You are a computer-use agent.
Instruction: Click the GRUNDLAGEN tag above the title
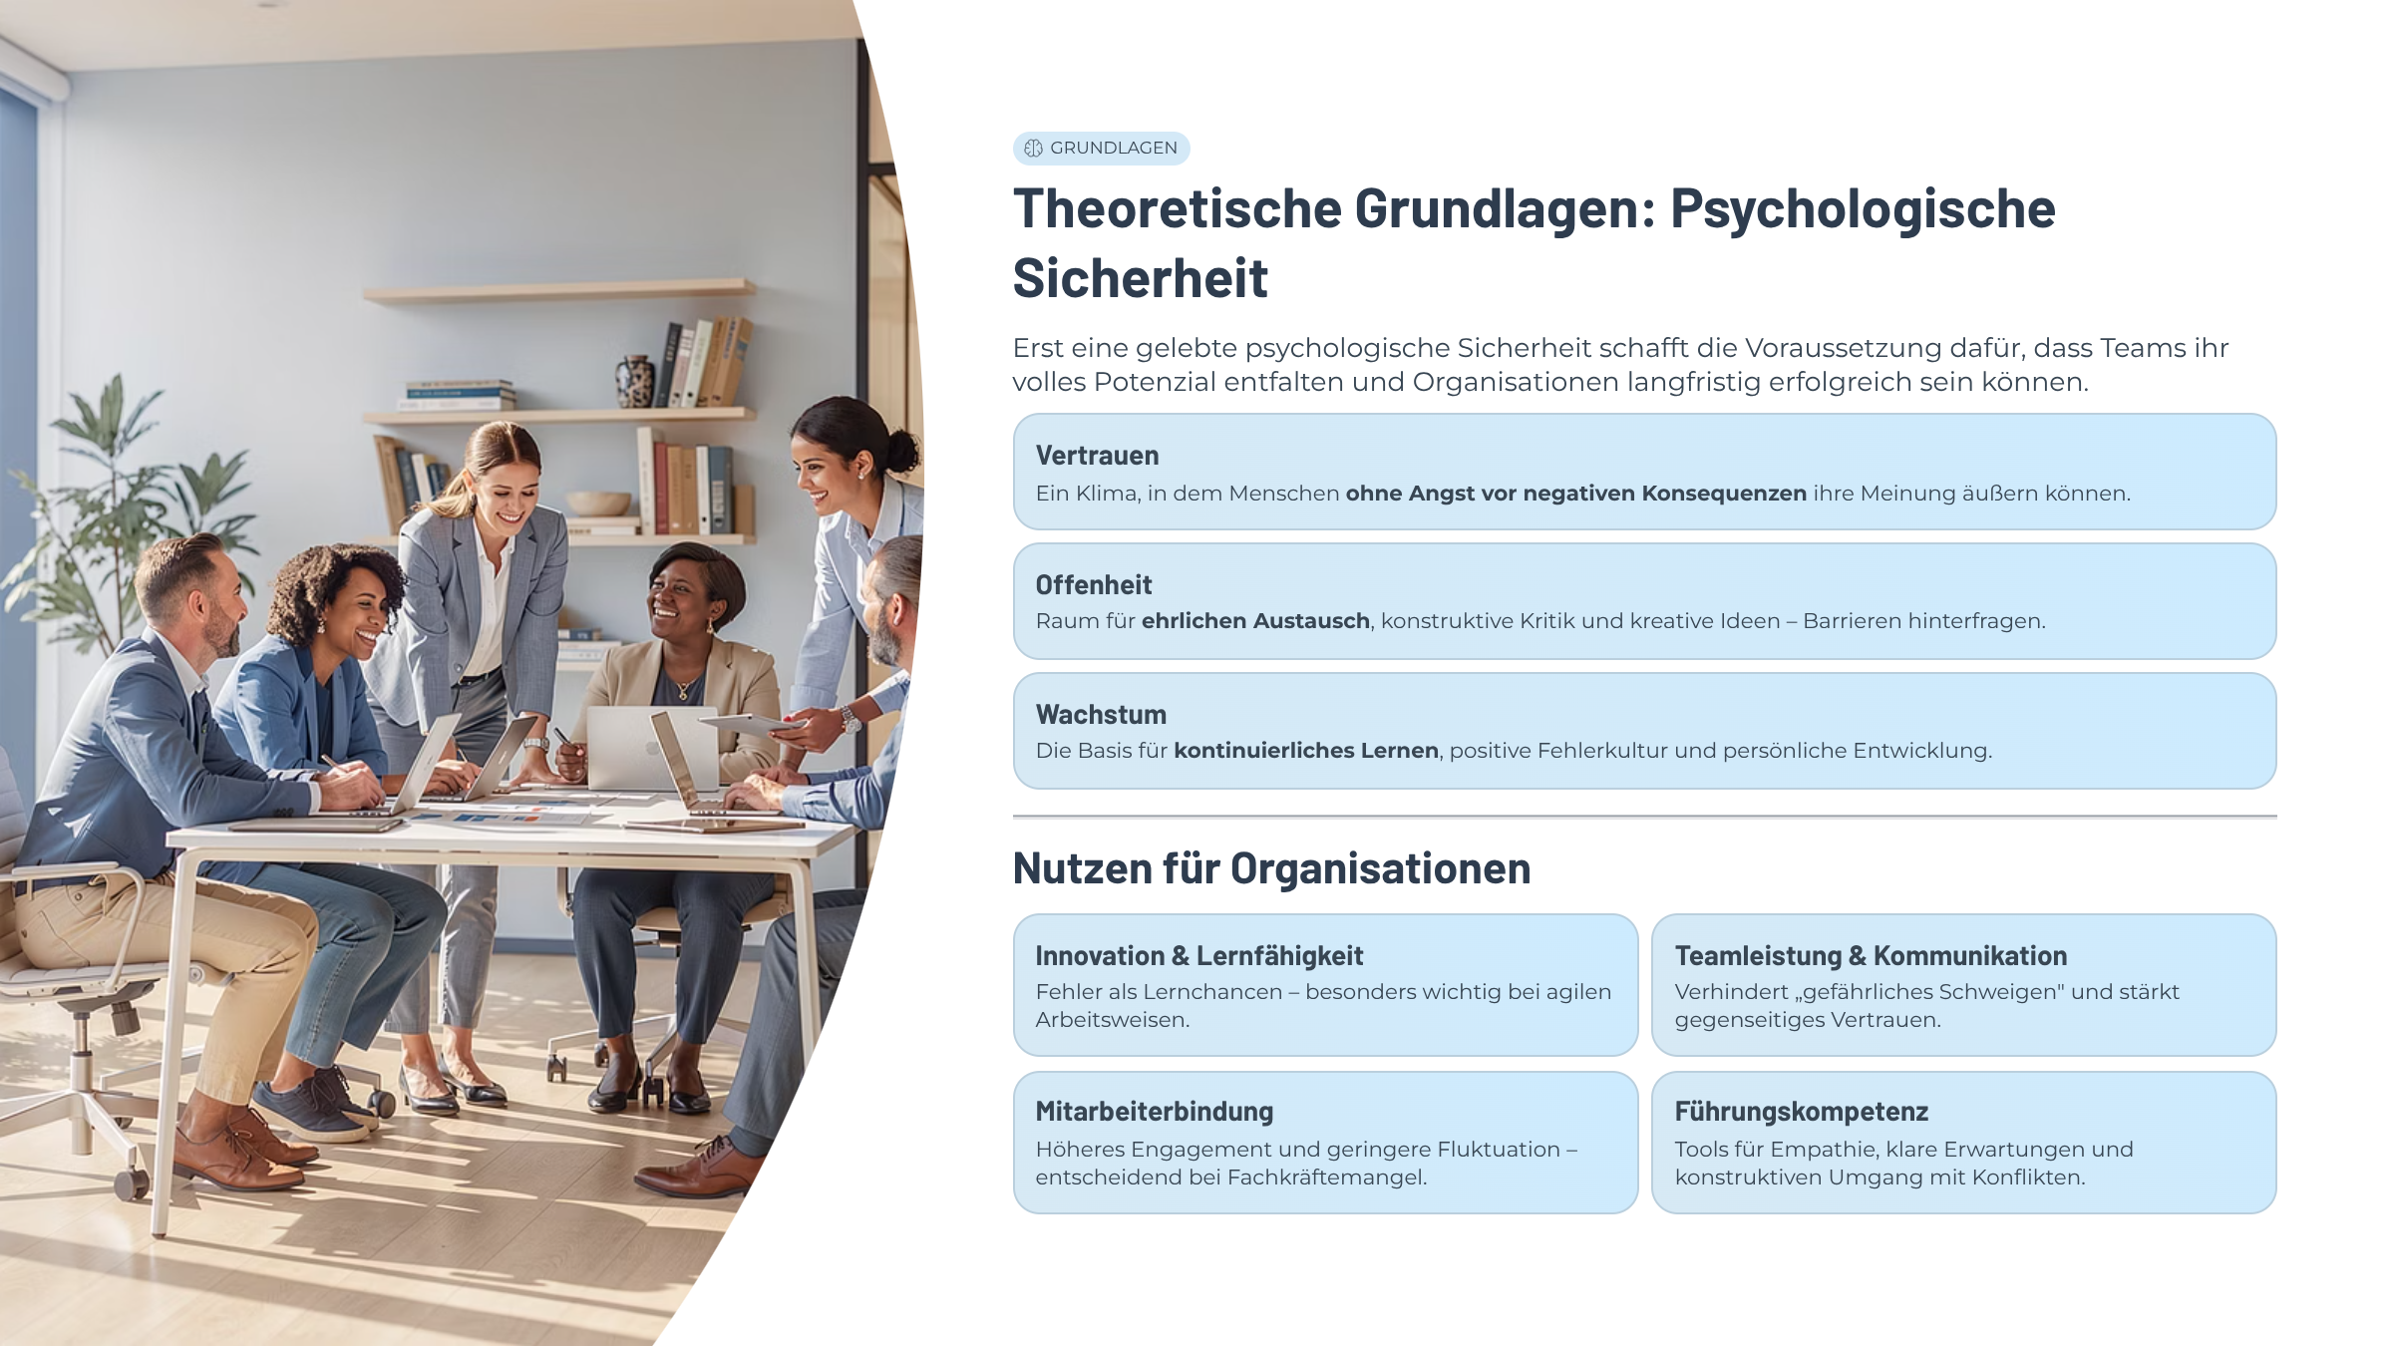pyautogui.click(x=1101, y=148)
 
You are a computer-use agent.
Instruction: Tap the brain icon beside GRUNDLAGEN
pyautogui.click(x=1033, y=149)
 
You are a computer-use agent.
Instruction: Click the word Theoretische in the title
pyautogui.click(x=1178, y=209)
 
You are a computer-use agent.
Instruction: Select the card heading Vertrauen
pyautogui.click(x=1097, y=456)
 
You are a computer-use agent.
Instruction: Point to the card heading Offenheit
pyautogui.click(x=1094, y=585)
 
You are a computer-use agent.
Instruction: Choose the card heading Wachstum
pyautogui.click(x=1101, y=715)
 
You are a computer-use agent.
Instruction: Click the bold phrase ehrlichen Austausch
pyautogui.click(x=1255, y=621)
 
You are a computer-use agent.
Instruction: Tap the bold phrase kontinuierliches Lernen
pyautogui.click(x=1306, y=751)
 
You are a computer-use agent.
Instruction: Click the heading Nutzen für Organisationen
pyautogui.click(x=1271, y=868)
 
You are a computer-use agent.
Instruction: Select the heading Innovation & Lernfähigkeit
pyautogui.click(x=1198, y=956)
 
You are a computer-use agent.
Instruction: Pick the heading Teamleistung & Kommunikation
pyautogui.click(x=1871, y=956)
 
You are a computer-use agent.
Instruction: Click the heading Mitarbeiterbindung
pyautogui.click(x=1155, y=1112)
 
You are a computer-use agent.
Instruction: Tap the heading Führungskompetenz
pyautogui.click(x=1801, y=1112)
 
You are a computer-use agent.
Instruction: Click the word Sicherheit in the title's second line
pyautogui.click(x=1141, y=278)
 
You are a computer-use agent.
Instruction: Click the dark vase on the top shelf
pyautogui.click(x=635, y=382)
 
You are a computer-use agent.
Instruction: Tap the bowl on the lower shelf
pyautogui.click(x=597, y=503)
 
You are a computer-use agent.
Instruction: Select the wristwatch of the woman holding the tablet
pyautogui.click(x=851, y=718)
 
